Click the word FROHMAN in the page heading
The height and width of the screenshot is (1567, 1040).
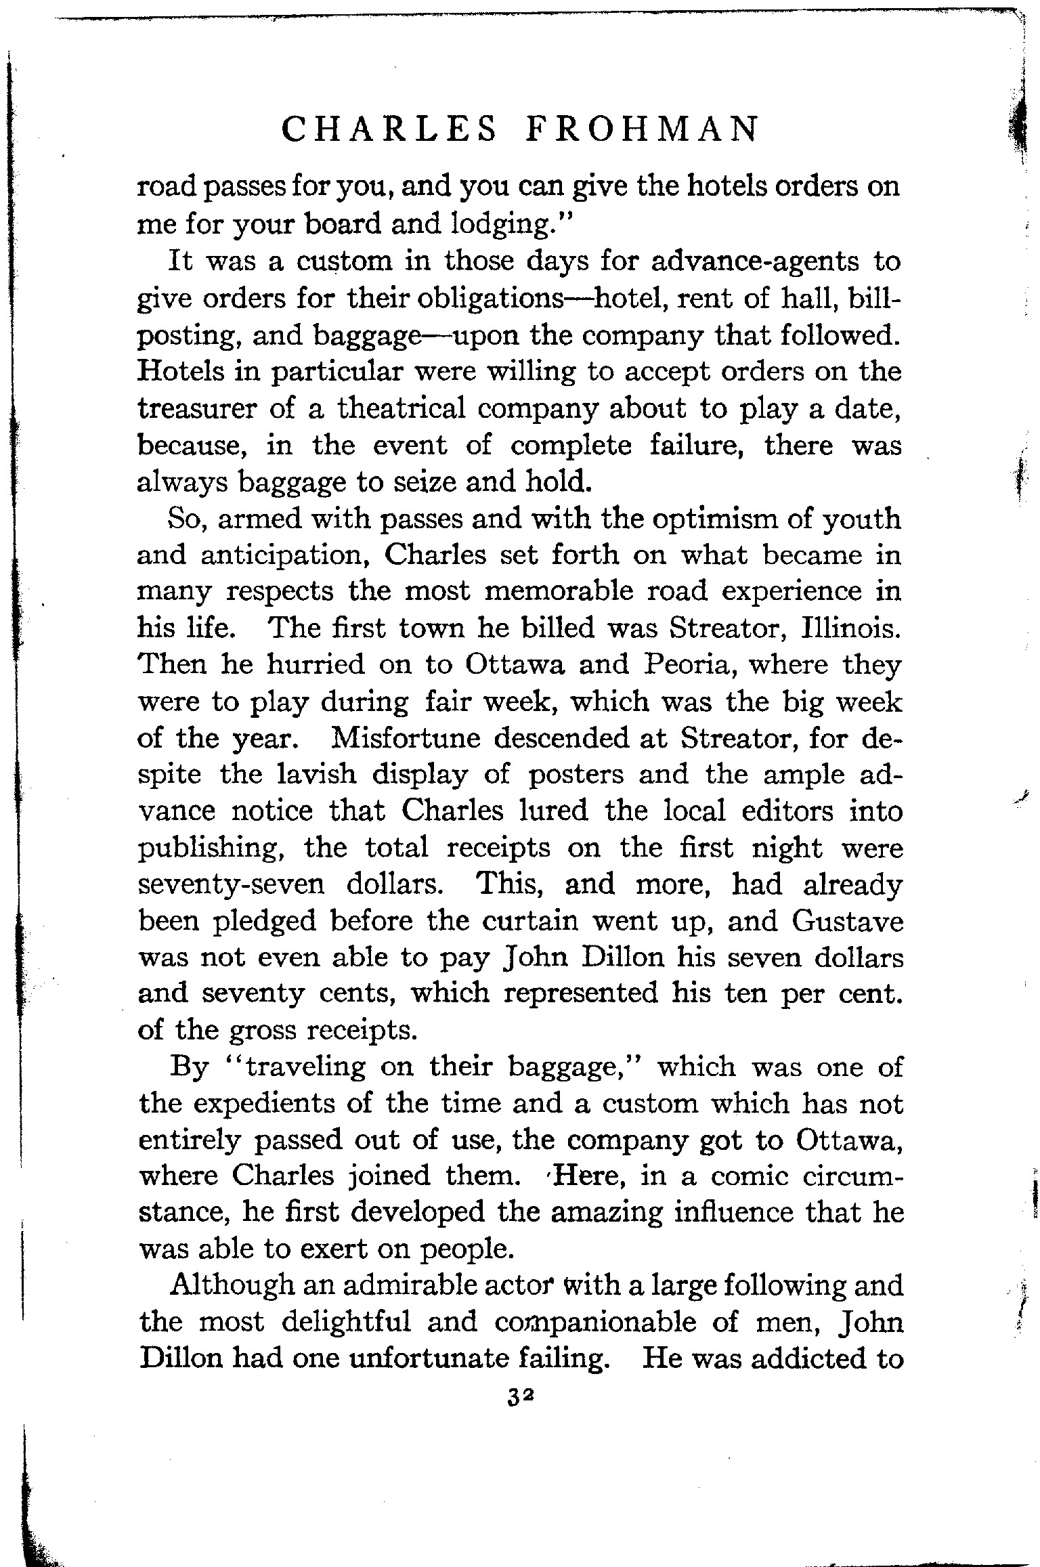click(x=643, y=129)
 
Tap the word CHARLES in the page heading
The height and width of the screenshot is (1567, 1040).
click(x=388, y=129)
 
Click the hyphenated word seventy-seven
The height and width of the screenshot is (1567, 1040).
click(x=231, y=884)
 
